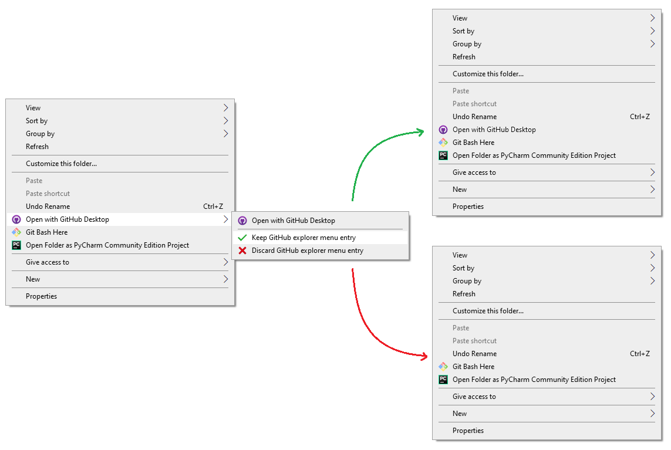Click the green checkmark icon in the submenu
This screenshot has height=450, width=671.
tap(242, 238)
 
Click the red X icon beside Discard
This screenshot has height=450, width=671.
tap(242, 251)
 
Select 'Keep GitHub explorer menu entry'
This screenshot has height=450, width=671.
tap(304, 238)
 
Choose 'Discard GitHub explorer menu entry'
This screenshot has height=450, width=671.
tap(307, 251)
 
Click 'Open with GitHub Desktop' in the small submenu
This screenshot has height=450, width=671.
tap(293, 220)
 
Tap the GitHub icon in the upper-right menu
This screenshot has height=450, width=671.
tap(443, 130)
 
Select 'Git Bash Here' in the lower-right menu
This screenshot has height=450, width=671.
tap(473, 367)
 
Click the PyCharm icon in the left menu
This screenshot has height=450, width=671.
tap(16, 245)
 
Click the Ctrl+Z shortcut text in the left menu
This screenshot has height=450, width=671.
tap(213, 206)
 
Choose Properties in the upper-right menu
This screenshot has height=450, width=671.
tap(468, 207)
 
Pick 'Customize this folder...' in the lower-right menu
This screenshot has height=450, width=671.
tap(488, 311)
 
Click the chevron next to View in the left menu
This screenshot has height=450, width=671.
tap(225, 108)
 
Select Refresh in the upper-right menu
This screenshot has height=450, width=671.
tap(464, 57)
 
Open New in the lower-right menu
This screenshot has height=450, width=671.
tap(460, 414)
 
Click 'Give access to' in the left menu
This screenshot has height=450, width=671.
tap(48, 262)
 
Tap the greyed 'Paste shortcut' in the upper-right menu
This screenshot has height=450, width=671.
tap(474, 104)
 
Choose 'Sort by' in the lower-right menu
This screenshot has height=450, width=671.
tap(463, 268)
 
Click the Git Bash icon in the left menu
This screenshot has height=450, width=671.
tap(16, 232)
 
